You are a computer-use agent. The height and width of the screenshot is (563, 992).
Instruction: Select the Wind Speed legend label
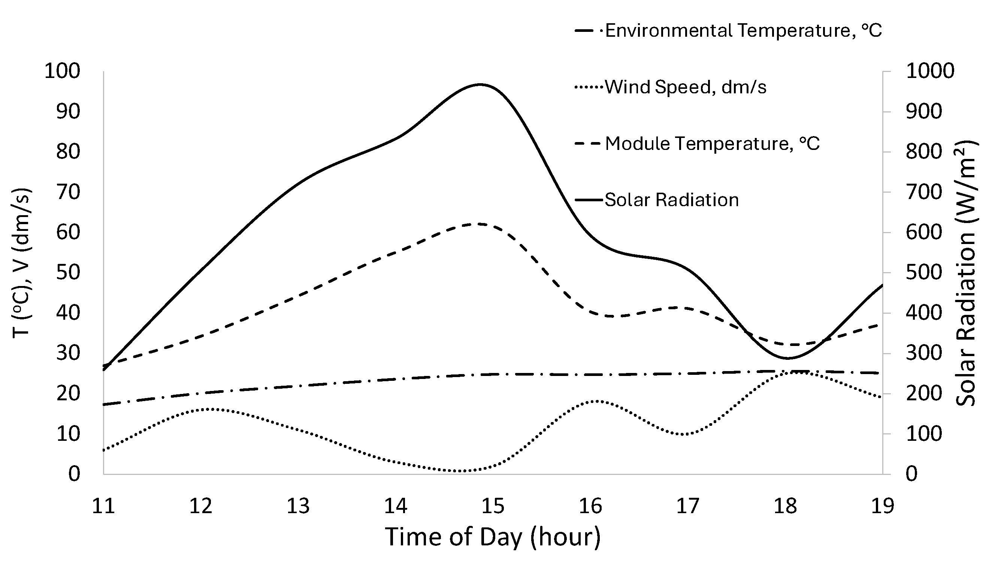(x=685, y=87)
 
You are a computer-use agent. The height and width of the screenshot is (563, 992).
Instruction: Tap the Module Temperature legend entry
(x=712, y=144)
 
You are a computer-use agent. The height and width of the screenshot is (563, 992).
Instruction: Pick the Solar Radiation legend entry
(x=671, y=200)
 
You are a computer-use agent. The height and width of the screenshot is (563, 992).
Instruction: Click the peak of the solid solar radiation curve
(x=480, y=84)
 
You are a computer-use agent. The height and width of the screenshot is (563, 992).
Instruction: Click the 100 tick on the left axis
(x=62, y=71)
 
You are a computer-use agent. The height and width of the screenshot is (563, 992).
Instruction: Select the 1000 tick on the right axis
(x=930, y=71)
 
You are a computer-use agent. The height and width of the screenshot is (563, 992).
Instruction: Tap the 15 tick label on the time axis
(x=493, y=506)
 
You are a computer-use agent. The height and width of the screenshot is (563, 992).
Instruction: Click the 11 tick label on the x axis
(x=103, y=506)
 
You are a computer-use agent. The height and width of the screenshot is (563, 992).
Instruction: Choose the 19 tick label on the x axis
(x=882, y=506)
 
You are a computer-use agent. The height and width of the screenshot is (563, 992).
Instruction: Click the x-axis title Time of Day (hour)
(x=493, y=537)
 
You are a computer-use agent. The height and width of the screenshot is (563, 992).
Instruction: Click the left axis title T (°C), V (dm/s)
(x=22, y=263)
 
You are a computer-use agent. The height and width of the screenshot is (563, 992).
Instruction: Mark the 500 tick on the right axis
(x=923, y=273)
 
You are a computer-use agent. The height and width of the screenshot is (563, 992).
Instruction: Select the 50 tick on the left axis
(x=68, y=273)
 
